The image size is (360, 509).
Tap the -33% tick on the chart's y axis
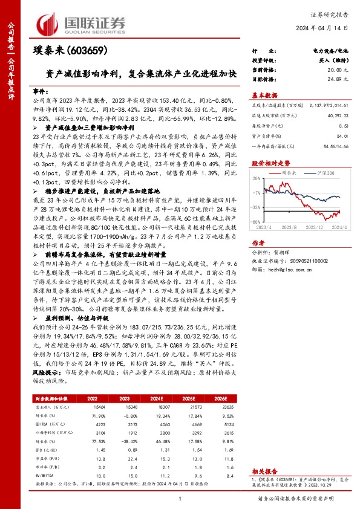click(257, 207)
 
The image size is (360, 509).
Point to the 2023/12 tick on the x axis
click(311, 227)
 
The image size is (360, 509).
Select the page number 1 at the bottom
click(180, 498)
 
